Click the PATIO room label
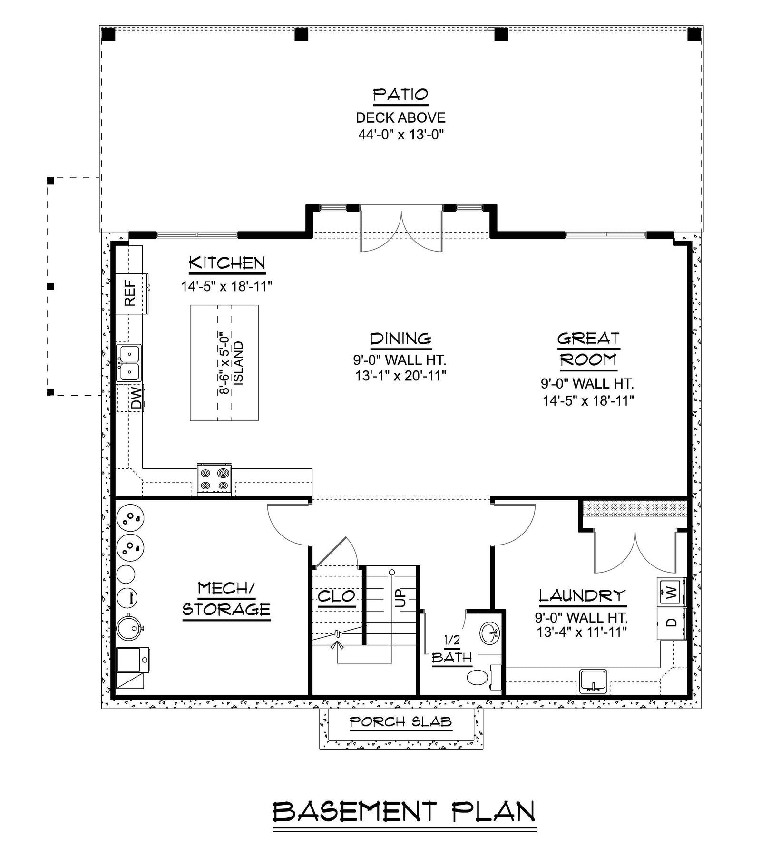point(400,95)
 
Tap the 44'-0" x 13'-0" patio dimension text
point(400,135)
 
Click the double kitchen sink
point(128,363)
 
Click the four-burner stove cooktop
point(215,479)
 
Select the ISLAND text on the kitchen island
point(239,363)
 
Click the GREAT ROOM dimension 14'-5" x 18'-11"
point(588,400)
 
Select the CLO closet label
point(336,595)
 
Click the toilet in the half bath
point(478,677)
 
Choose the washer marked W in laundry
point(671,593)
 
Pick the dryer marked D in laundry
point(671,623)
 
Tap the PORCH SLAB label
point(400,722)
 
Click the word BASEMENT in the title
point(354,811)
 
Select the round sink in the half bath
point(490,633)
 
